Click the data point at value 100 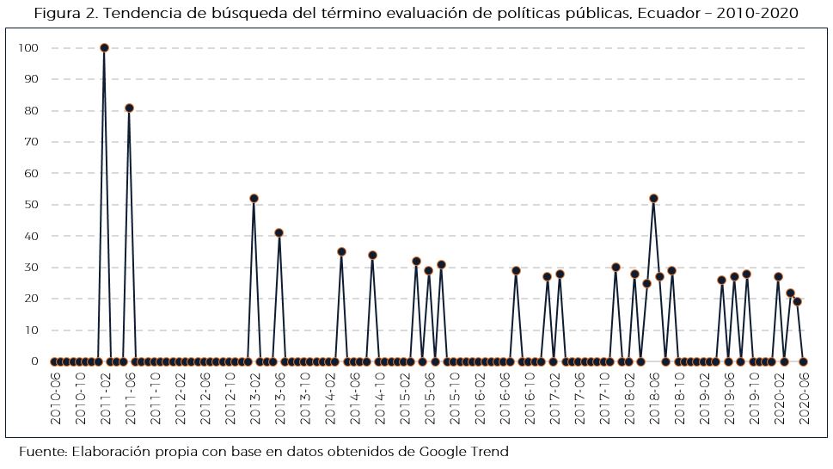104,48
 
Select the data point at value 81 129,108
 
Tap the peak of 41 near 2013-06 279,233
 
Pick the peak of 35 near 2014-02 341,252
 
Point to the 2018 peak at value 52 653,199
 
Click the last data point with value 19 797,302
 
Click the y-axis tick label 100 28,48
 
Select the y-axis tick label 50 32,205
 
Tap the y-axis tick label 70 32,142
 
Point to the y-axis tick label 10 32,330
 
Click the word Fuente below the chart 43,452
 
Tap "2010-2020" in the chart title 763,14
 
